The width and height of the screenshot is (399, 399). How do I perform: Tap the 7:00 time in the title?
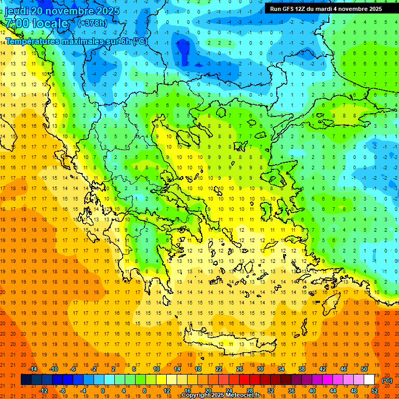pos(18,23)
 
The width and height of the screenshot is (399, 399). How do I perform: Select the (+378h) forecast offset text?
pos(94,23)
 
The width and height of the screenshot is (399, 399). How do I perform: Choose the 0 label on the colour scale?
pos(103,391)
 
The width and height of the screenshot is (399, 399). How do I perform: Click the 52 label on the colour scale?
pos(375,391)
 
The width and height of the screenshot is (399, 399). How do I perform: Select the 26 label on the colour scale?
pos(240,369)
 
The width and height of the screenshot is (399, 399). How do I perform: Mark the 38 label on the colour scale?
pos(302,369)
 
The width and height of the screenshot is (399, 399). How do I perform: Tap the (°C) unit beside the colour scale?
pos(387,380)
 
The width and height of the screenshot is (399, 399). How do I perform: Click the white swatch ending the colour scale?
pos(369,380)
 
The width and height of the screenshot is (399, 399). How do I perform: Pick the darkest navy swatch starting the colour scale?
pos(26,380)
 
